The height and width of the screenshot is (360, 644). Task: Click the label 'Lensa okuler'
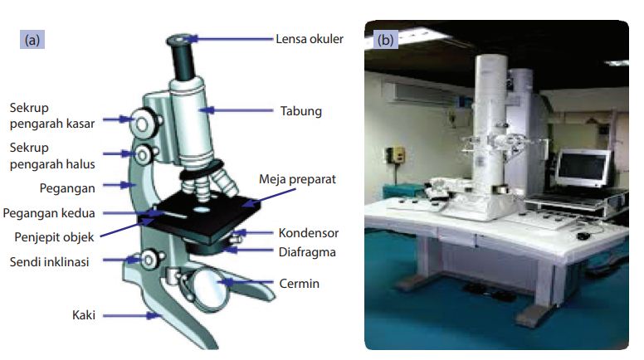point(309,38)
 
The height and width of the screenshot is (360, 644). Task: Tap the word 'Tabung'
point(300,110)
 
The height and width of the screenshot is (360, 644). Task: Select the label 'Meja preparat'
point(296,179)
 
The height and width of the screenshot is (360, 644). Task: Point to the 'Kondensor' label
point(309,233)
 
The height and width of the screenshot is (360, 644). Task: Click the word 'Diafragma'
point(307,251)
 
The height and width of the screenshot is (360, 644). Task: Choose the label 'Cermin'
point(299,284)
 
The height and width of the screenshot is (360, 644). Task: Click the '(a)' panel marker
point(33,38)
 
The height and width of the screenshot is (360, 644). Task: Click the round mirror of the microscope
point(213,287)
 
